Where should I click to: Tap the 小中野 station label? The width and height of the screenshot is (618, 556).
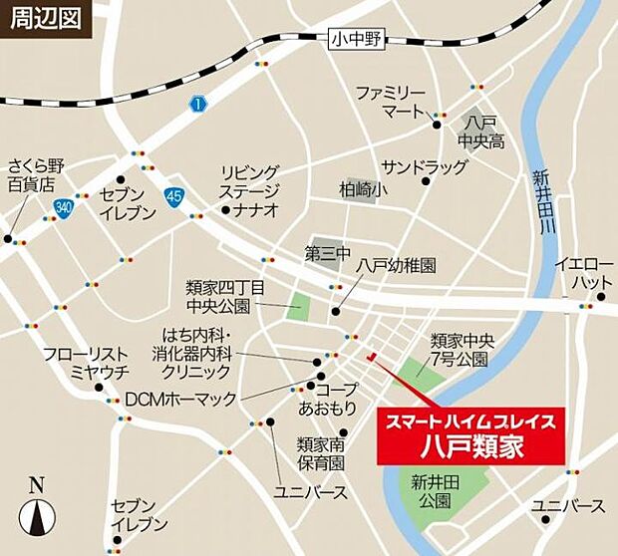click(x=357, y=40)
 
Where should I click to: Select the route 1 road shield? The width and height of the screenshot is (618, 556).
click(x=198, y=104)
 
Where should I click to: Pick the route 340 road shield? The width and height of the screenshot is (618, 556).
click(x=65, y=206)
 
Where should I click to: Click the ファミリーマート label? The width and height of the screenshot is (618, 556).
click(x=392, y=101)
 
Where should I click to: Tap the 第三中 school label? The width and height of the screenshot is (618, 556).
click(x=328, y=255)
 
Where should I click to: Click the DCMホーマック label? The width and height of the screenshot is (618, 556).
click(x=179, y=399)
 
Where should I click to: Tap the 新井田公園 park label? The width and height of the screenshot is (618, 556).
click(x=431, y=491)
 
